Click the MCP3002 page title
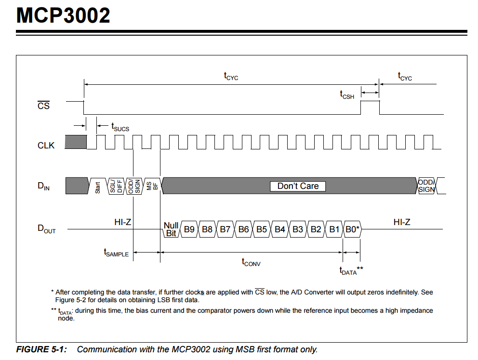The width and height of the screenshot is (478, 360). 63,16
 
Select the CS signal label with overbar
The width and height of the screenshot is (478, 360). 43,105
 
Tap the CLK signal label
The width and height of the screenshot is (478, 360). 46,145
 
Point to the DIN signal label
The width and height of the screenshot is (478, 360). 44,186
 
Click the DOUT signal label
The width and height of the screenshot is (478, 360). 46,229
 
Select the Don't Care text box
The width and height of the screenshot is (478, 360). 298,186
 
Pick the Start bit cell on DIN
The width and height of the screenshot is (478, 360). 98,186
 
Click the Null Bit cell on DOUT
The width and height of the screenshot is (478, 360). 171,229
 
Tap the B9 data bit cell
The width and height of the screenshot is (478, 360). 189,229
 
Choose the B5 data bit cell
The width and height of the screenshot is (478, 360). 262,229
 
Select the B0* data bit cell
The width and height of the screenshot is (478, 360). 352,229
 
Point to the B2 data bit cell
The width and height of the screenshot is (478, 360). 316,229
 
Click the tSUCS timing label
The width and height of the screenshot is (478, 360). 120,128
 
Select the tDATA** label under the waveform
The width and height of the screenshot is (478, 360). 351,271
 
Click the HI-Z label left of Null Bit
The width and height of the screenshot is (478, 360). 123,222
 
